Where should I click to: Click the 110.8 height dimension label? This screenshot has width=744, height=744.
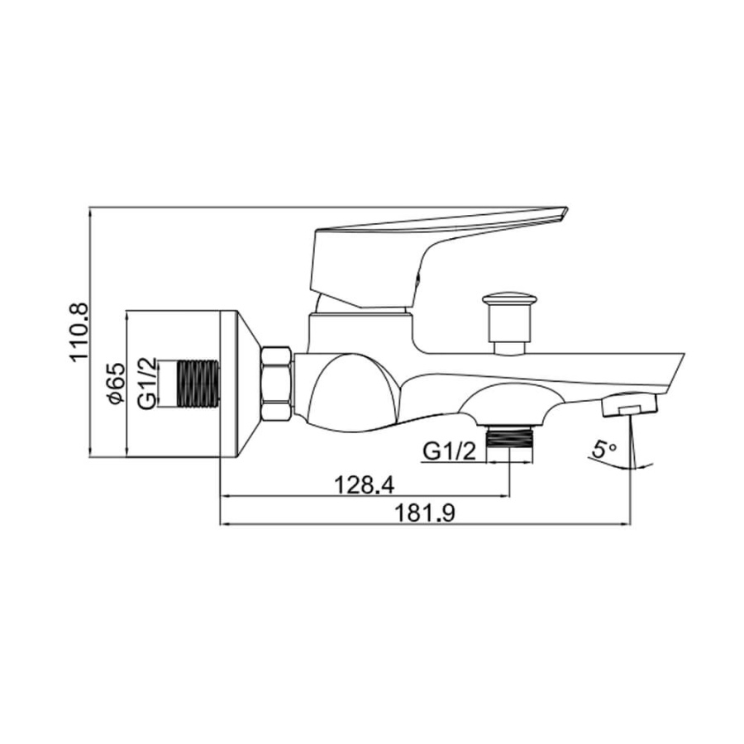[79, 331]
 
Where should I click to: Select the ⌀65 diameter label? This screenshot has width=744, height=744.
[117, 383]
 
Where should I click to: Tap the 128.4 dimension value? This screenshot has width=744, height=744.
[364, 485]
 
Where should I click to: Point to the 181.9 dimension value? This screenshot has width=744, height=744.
[425, 513]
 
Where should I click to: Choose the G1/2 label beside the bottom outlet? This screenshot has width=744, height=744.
[449, 451]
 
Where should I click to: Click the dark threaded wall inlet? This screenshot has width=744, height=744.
[198, 384]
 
